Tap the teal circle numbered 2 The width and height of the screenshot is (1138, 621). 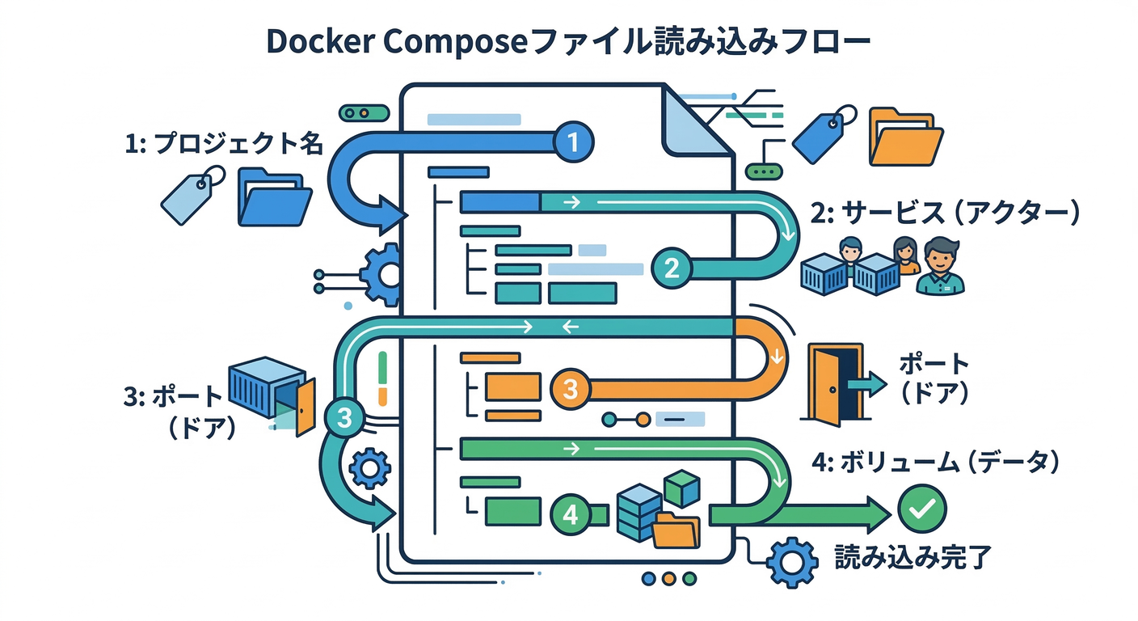[672, 268]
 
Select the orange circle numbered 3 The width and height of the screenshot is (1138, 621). [571, 389]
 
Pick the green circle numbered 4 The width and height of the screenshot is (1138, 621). [571, 515]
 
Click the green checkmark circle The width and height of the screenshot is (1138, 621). [921, 509]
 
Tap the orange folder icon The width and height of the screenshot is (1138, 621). [905, 136]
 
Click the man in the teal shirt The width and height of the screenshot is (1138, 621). [940, 267]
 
